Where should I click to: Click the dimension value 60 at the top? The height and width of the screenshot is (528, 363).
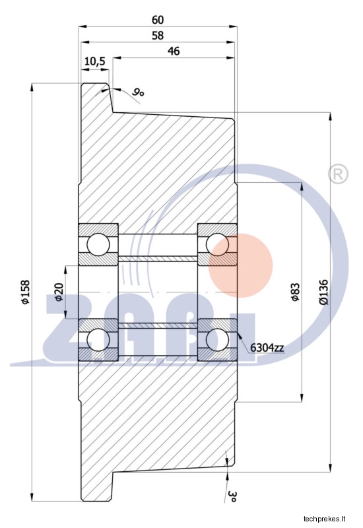click(x=158, y=20)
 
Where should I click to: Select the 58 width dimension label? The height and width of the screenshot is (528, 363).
click(x=158, y=36)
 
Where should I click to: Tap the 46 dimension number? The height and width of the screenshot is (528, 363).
click(x=174, y=51)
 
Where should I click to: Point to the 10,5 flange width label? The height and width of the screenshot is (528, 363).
click(x=95, y=61)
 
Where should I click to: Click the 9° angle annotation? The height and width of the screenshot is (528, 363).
click(x=138, y=92)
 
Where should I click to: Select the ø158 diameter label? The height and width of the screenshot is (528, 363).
click(x=26, y=292)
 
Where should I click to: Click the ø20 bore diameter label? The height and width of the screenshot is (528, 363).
click(x=59, y=292)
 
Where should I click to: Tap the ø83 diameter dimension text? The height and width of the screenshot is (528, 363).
click(x=295, y=292)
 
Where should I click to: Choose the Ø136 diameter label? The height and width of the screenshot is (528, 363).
click(x=323, y=292)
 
